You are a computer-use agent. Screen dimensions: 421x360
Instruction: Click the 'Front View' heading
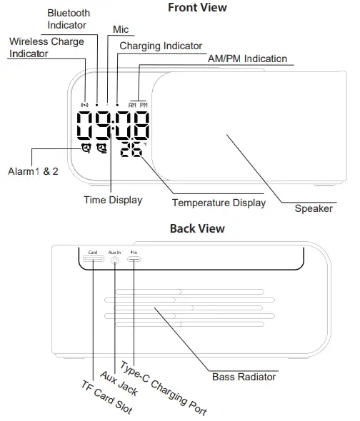pos(197,8)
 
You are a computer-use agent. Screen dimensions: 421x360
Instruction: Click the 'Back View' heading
pos(196,229)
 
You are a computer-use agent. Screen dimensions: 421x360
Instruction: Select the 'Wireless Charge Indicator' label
pos(46,48)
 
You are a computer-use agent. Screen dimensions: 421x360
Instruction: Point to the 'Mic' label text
pos(121,29)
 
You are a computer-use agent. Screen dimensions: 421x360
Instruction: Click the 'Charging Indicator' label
pos(161,46)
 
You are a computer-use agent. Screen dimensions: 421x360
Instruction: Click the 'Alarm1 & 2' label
pos(33,172)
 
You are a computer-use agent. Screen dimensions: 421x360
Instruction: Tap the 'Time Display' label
pos(113,201)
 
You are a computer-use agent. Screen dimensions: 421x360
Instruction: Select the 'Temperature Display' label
pos(219,203)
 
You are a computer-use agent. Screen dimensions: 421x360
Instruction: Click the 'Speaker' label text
pos(314,209)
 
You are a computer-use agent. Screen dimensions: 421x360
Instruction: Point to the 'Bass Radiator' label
pos(244,377)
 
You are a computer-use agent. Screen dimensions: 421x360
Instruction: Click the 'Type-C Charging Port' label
pos(164,389)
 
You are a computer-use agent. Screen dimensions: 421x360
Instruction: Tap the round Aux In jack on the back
pos(115,260)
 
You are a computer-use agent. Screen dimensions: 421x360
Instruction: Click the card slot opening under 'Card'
pos(93,260)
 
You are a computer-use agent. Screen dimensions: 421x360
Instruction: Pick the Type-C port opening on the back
pos(134,260)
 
